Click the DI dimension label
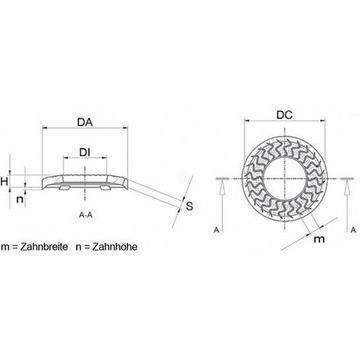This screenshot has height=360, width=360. (85, 153)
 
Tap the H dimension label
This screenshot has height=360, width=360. (4, 181)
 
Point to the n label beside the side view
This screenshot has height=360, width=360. (19, 199)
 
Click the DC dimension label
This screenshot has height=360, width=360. (285, 116)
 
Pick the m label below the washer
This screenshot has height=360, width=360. (319, 238)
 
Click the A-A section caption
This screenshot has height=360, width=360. (86, 216)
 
